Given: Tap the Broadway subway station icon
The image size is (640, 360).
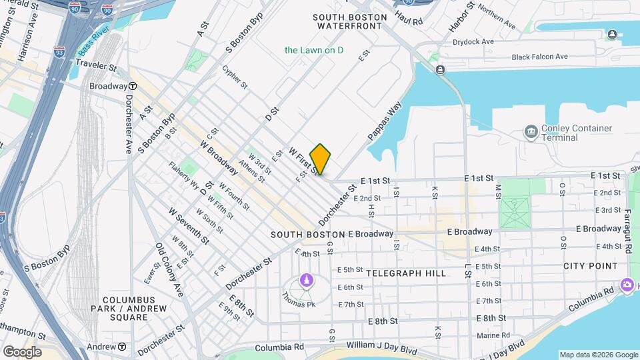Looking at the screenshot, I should coord(133,86).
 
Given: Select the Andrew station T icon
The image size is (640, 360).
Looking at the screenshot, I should coord(122,347).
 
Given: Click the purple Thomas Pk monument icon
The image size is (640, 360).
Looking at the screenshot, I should coord(306,279).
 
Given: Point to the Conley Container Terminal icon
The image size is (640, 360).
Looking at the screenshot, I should coord(531,130).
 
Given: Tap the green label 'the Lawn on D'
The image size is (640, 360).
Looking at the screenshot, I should coord(313,50).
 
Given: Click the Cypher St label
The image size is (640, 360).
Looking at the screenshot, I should coord(235,77).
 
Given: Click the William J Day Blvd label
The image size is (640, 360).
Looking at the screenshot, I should coord(381,345).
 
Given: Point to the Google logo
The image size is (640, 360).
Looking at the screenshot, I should coord(22,352).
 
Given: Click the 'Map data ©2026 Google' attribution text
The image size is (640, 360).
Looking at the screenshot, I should coord(598,355).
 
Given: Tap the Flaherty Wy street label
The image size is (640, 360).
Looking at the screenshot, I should coord(183,174).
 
